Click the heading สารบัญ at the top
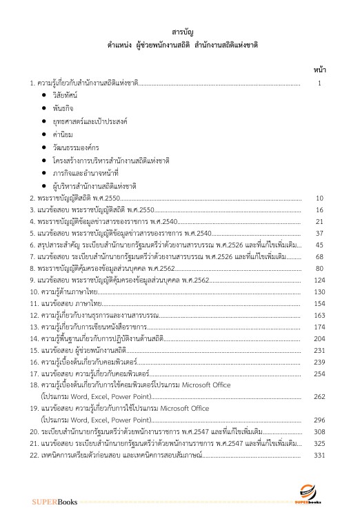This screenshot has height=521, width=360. pos(179,31)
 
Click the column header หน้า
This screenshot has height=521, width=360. pos(319,70)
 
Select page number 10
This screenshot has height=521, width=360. pos(319,198)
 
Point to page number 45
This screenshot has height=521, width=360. pos(319,245)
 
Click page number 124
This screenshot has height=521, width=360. pos(319,280)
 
